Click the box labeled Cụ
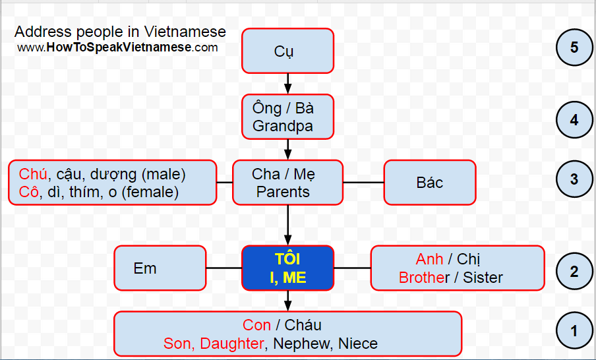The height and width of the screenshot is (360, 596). pyautogui.click(x=287, y=51)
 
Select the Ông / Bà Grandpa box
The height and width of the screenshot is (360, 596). pyautogui.click(x=287, y=117)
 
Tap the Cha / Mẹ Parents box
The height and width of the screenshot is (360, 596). pyautogui.click(x=287, y=183)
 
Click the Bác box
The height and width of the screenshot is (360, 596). pyautogui.click(x=429, y=183)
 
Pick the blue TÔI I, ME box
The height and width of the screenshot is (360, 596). pyautogui.click(x=287, y=268)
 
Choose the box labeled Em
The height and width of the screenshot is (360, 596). pyautogui.click(x=160, y=268)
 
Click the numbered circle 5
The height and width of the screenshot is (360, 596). pyautogui.click(x=574, y=47)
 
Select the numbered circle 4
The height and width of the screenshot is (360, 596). pyautogui.click(x=574, y=120)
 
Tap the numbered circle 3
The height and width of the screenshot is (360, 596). pyautogui.click(x=574, y=179)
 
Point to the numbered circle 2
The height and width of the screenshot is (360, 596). pyautogui.click(x=574, y=271)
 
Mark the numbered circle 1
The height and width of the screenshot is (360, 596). pyautogui.click(x=574, y=330)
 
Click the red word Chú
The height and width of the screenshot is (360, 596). pyautogui.click(x=33, y=175)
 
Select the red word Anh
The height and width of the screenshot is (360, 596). pyautogui.click(x=429, y=259)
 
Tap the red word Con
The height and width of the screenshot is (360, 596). pyautogui.click(x=256, y=325)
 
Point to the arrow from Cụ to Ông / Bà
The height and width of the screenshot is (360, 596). pyautogui.click(x=287, y=83)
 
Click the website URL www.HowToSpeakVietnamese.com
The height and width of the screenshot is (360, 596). pyautogui.click(x=117, y=47)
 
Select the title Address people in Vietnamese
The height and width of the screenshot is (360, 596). pyautogui.click(x=120, y=32)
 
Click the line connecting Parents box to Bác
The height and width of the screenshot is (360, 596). pyautogui.click(x=363, y=183)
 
